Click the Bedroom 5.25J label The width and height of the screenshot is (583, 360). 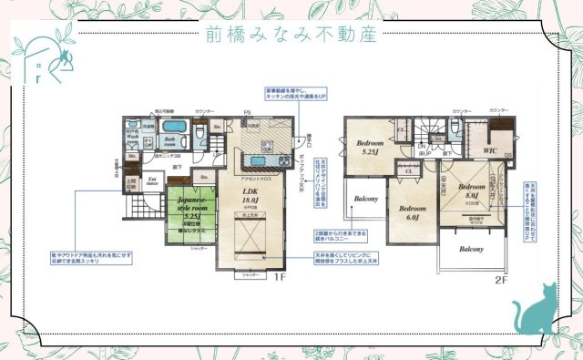[369, 149]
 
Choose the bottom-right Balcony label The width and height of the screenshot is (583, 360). [471, 249]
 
